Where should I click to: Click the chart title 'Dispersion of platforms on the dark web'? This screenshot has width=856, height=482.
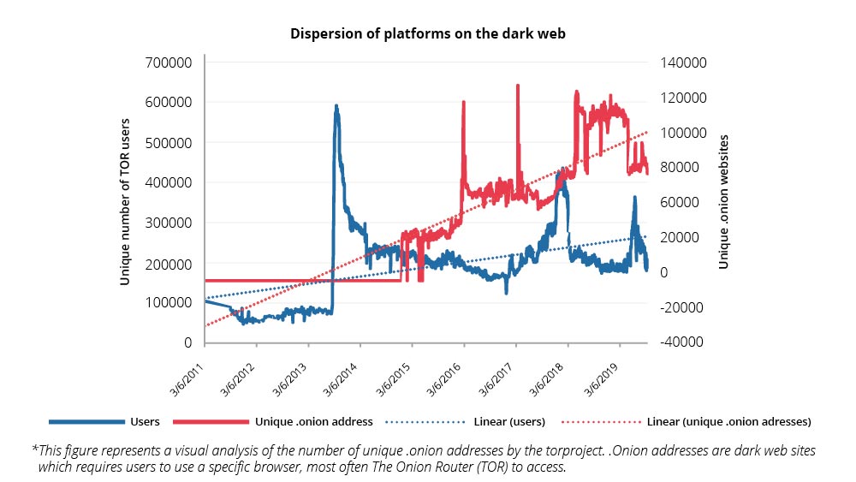(427, 34)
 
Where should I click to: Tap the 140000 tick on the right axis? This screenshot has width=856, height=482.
(681, 62)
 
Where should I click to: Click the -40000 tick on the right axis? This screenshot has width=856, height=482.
(681, 342)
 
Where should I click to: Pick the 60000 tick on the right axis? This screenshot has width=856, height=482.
(681, 202)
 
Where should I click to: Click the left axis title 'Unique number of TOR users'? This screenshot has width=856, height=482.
(125, 202)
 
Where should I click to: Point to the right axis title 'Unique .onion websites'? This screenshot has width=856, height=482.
(723, 202)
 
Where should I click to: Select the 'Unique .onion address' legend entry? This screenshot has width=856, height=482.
(313, 422)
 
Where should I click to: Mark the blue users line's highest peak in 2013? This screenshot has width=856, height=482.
(336, 107)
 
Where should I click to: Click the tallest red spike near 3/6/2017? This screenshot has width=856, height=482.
(517, 86)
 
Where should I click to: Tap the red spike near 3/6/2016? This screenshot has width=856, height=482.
(463, 103)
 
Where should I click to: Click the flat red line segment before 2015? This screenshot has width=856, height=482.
(300, 280)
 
